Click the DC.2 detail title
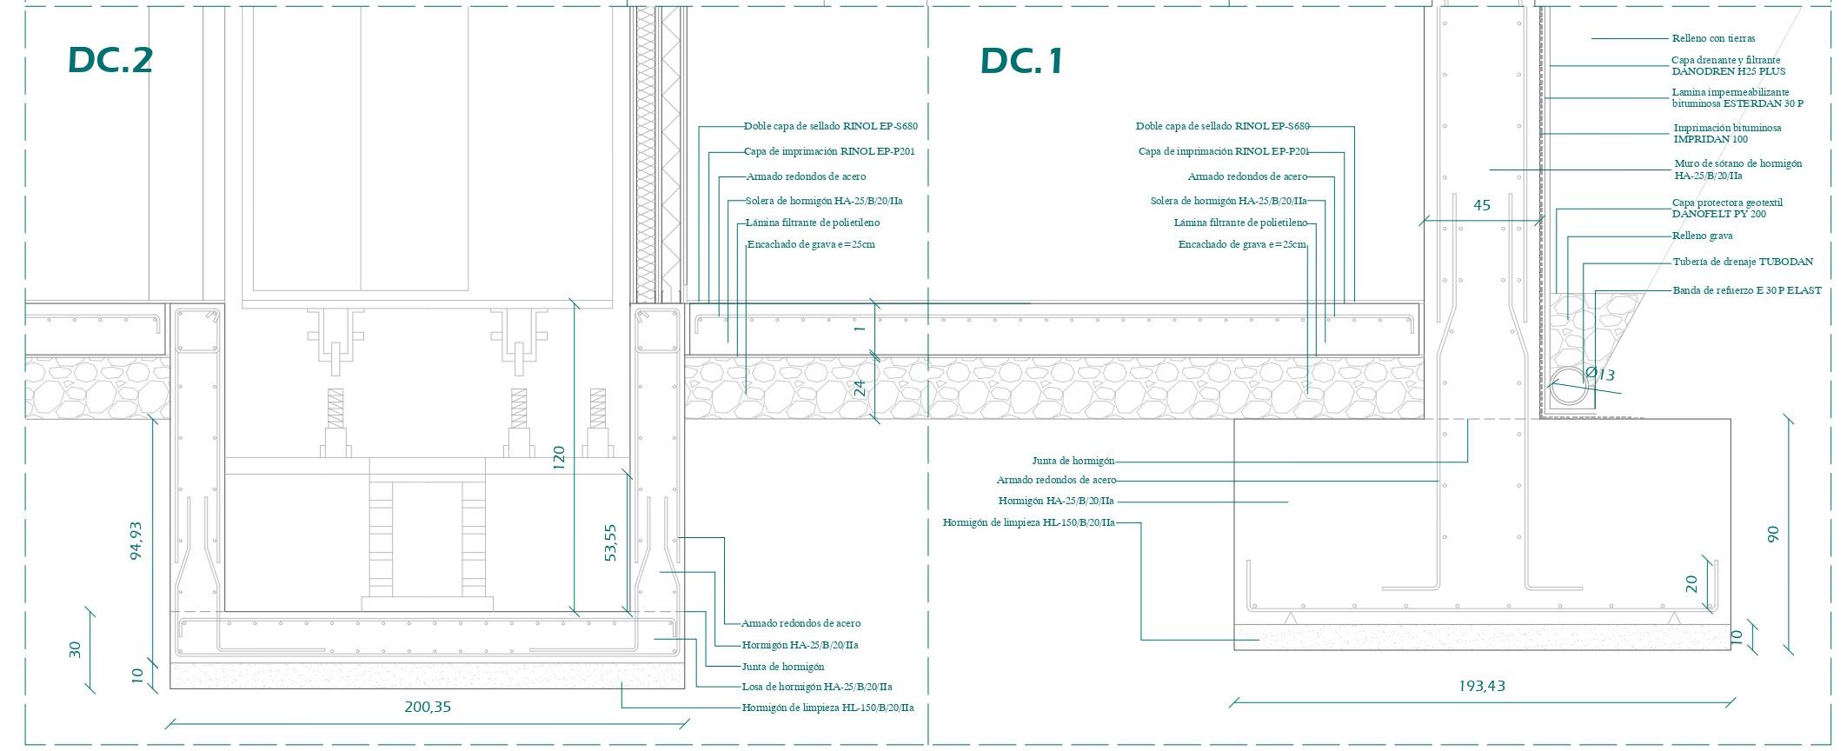pos(110,60)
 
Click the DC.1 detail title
pos(1021,61)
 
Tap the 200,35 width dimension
pos(428,707)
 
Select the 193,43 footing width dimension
pos(1482,686)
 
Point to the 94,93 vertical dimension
pos(136,540)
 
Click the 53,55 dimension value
pos(610,542)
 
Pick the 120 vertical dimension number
pos(558,457)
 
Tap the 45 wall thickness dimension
pos(1482,205)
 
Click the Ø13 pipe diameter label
pos(1599,375)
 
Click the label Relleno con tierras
pos(1713,38)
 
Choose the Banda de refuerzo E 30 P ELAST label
pos(1746,290)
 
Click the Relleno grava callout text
pos(1702,236)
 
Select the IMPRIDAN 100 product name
pos(1711,139)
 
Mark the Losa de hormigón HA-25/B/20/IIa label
pos(816,687)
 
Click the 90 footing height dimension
pos(1773,534)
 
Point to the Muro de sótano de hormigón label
pos(1737,163)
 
